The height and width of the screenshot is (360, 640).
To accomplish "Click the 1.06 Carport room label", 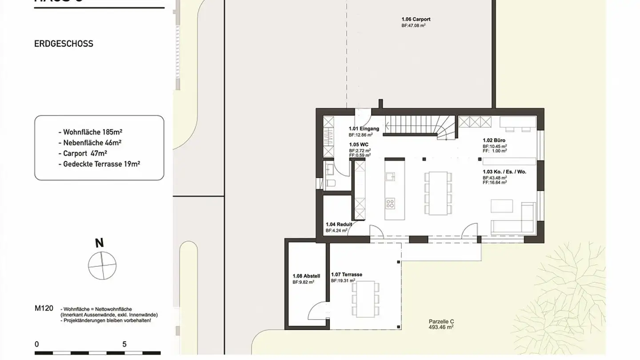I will (416, 20).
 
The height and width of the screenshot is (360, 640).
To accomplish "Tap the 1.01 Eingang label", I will (364, 129).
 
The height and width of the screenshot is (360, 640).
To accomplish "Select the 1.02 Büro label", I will (494, 140).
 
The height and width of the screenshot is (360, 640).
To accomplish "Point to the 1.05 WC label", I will (358, 145).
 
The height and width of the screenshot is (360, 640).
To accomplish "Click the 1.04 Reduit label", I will (339, 225).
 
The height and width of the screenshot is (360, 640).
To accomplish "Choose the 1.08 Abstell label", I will (306, 276).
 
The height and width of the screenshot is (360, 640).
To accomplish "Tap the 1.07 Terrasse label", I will (346, 275).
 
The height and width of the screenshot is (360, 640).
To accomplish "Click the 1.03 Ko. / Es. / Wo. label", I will (504, 172).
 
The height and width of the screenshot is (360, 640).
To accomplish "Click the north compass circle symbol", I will (102, 266).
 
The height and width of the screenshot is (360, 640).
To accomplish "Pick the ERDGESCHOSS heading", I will (64, 44).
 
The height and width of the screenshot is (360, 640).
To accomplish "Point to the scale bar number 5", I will (124, 344).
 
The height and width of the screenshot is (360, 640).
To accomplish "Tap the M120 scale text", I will (44, 308).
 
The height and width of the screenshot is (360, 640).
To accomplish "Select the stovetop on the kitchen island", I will (390, 204).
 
